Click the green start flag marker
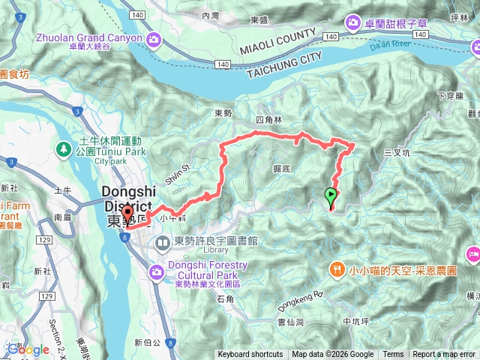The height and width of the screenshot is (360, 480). click(x=331, y=196)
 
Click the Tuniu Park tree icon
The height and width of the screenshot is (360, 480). click(x=64, y=148)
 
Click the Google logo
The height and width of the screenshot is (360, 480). click(x=28, y=349)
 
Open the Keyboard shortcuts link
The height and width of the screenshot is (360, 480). click(x=250, y=355)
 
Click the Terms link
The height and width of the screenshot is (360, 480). click(x=393, y=355)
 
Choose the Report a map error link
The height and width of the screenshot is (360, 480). click(x=445, y=355)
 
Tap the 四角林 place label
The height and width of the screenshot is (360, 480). click(x=267, y=120)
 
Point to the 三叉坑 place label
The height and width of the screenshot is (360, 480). click(x=397, y=152)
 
